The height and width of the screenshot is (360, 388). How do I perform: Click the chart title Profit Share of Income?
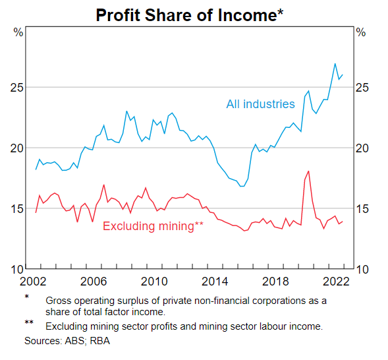click(x=189, y=15)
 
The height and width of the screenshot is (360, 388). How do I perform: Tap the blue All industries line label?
click(x=261, y=104)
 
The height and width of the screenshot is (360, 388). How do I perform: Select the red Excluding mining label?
click(x=153, y=226)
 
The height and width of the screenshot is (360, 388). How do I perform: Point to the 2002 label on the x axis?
click(x=33, y=282)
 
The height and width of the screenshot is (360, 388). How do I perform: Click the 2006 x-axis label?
click(x=94, y=282)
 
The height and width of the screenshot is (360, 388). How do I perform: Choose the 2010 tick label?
click(x=154, y=282)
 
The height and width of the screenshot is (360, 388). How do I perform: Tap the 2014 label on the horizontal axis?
click(x=215, y=282)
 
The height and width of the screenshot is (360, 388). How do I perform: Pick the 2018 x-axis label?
click(x=275, y=282)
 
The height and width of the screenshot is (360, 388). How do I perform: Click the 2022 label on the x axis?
click(x=336, y=282)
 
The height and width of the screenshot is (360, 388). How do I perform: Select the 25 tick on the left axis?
click(x=17, y=88)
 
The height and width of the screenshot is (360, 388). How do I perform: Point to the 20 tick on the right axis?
click(x=362, y=148)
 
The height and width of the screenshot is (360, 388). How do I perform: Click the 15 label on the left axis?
click(x=17, y=209)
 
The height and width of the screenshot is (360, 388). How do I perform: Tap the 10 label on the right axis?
click(x=362, y=270)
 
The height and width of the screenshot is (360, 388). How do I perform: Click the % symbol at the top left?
click(x=18, y=32)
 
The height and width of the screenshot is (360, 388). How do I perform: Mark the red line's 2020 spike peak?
click(x=308, y=171)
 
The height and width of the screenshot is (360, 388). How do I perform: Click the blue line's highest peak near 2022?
click(x=335, y=64)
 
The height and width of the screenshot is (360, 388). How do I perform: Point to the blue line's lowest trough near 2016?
click(x=242, y=186)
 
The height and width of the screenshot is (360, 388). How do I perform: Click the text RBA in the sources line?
click(x=99, y=341)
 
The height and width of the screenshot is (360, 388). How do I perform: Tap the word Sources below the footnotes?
click(x=43, y=341)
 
